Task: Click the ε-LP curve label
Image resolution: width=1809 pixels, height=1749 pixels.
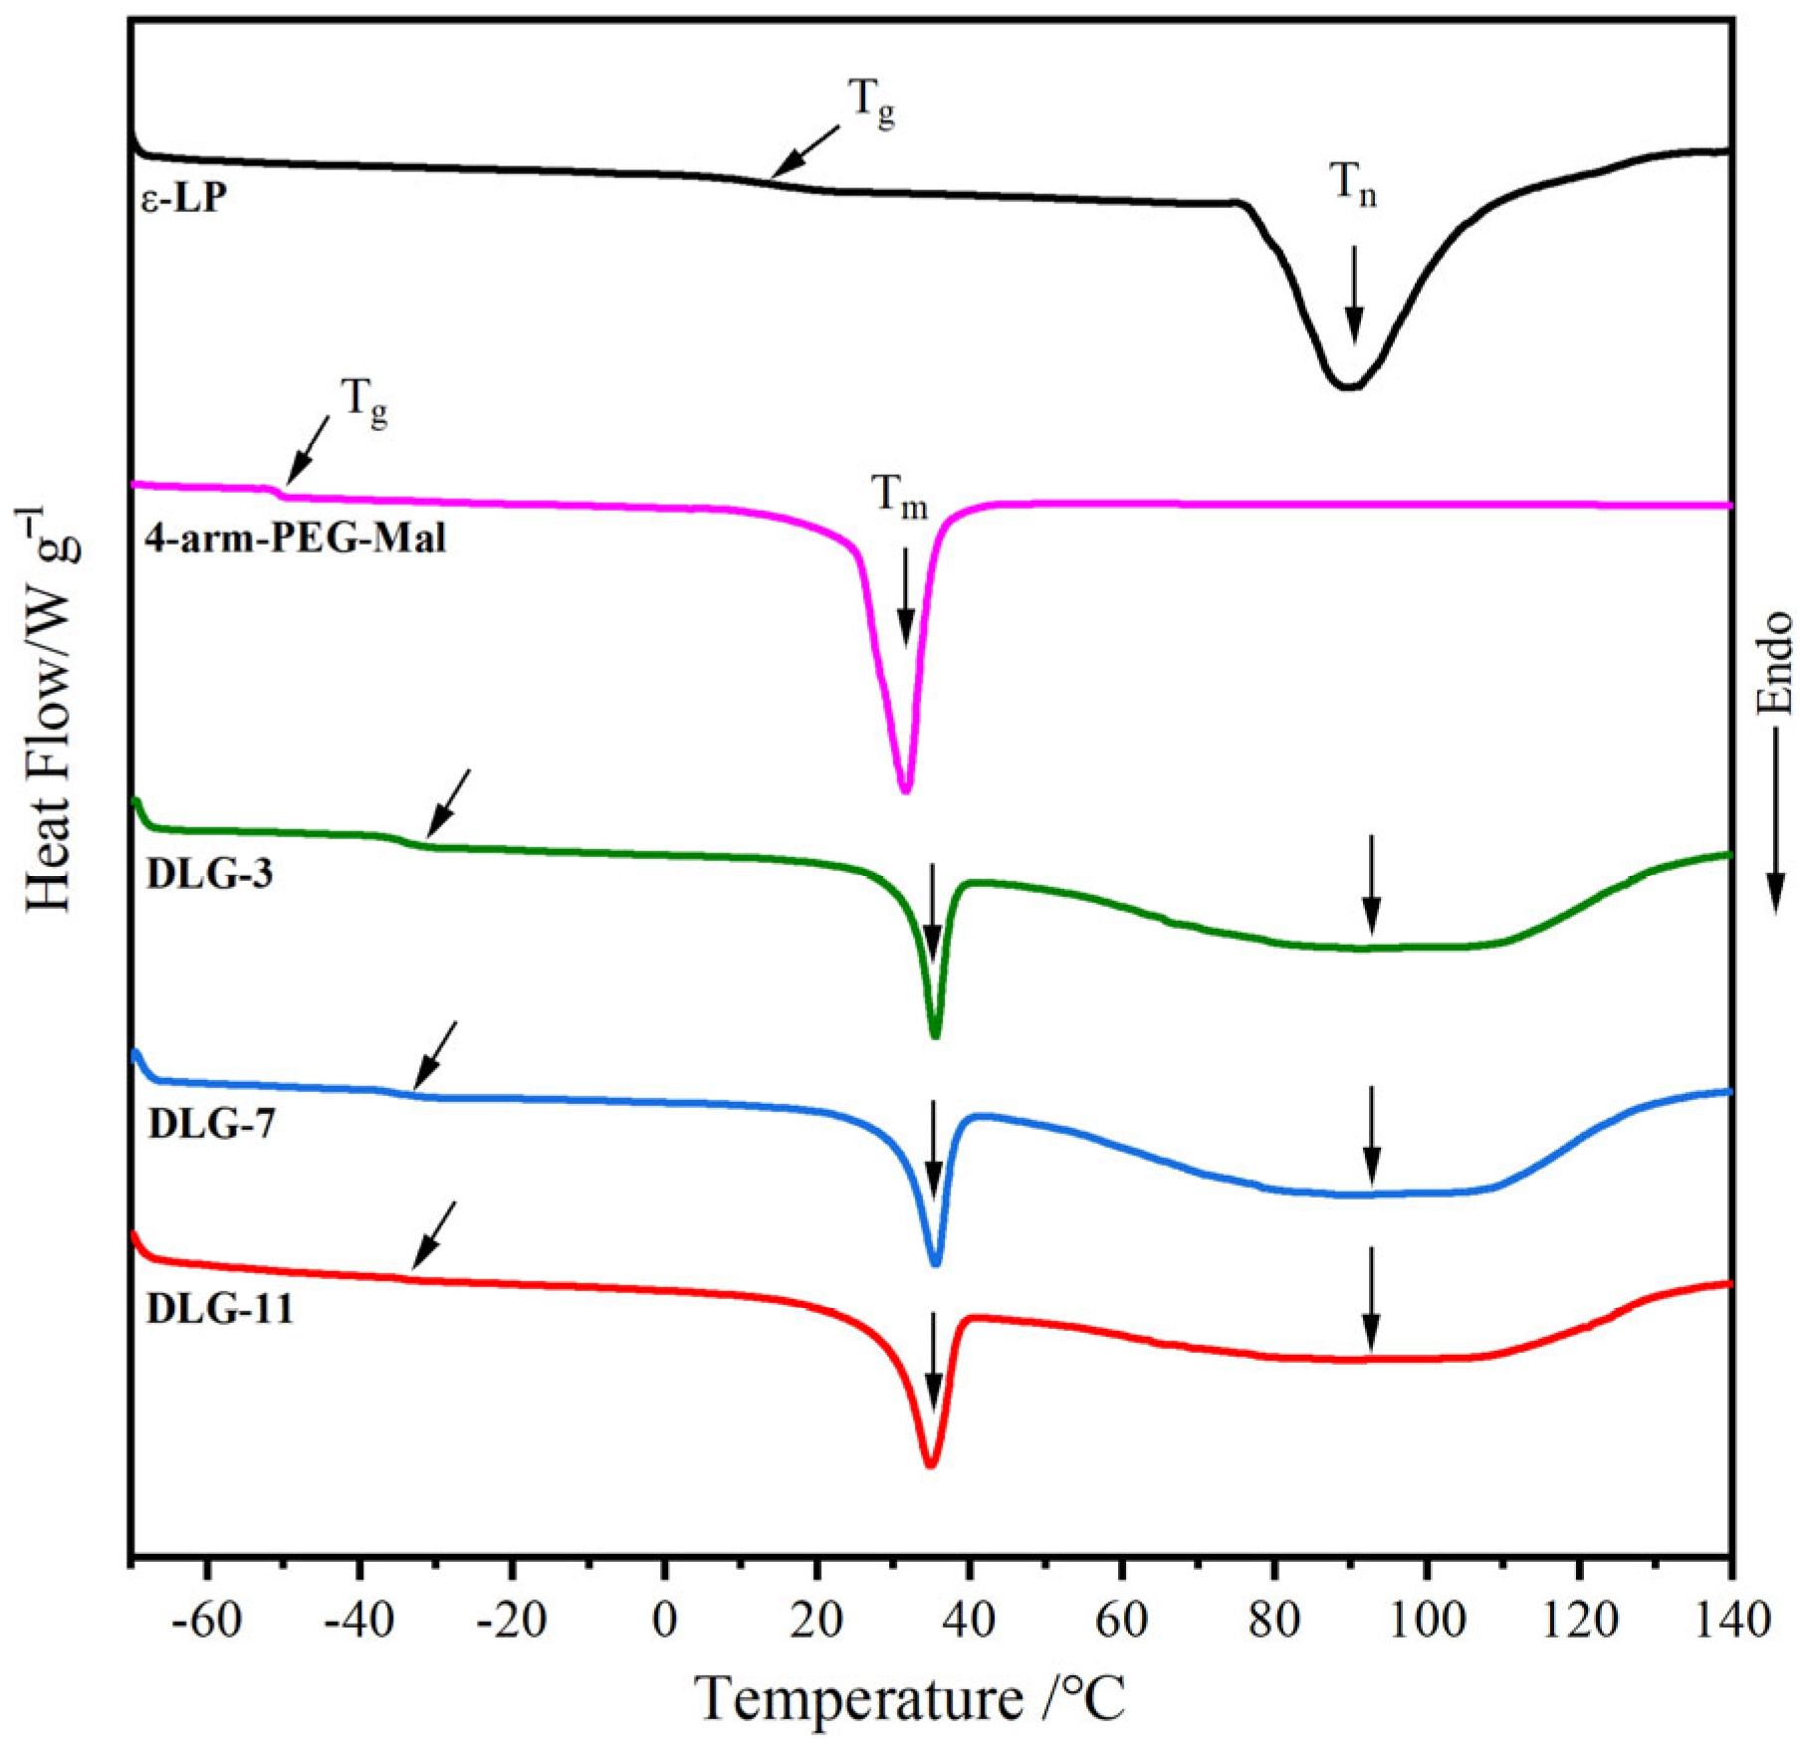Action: [x=183, y=200]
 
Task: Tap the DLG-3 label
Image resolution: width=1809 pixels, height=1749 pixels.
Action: [x=209, y=874]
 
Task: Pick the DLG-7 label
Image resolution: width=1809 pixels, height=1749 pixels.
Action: [x=211, y=1124]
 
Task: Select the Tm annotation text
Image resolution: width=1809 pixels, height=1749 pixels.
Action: [x=899, y=496]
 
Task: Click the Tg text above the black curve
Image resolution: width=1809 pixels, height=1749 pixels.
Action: [x=871, y=104]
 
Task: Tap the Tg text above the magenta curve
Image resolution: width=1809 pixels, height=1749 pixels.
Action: [x=364, y=402]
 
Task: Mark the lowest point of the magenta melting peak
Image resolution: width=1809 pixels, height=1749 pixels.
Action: [x=905, y=790]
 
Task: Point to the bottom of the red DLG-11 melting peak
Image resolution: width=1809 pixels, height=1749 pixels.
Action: [x=931, y=1464]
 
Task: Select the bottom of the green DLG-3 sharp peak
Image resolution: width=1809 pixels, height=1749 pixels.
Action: [x=934, y=1036]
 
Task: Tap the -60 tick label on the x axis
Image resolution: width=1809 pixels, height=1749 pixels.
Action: [x=206, y=1621]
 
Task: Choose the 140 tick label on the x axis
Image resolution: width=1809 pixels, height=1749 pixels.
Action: [x=1729, y=1621]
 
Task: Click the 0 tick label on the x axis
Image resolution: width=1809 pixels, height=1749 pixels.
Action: [x=664, y=1621]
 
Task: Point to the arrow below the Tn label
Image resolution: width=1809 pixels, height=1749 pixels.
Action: [x=1353, y=294]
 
